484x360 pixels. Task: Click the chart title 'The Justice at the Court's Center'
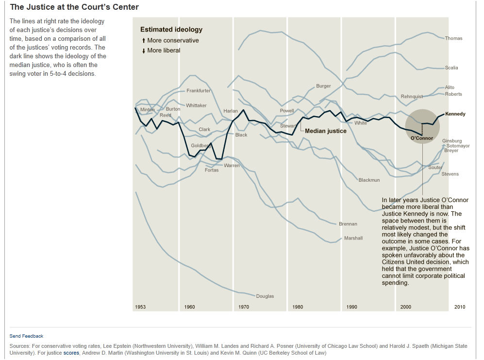[x=74, y=7]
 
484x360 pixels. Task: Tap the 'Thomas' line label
[x=453, y=38]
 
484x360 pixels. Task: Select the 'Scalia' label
[x=451, y=68]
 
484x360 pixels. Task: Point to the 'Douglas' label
[x=265, y=296]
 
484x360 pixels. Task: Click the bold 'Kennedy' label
[x=455, y=114]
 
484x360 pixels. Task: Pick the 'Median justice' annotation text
[x=325, y=131]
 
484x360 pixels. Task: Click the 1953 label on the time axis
[x=140, y=307]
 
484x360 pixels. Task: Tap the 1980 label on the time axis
[x=298, y=307]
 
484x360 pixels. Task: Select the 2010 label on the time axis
[x=459, y=307]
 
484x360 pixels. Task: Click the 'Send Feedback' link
[x=26, y=336]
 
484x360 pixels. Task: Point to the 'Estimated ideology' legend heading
[x=171, y=30]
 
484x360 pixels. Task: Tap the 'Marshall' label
[x=353, y=239]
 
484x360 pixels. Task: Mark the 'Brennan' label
[x=348, y=224]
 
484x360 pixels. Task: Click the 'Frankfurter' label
[x=199, y=91]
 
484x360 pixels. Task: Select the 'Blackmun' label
[x=369, y=180]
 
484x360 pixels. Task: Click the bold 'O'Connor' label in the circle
[x=421, y=138]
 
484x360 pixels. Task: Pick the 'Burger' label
[x=323, y=86]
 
